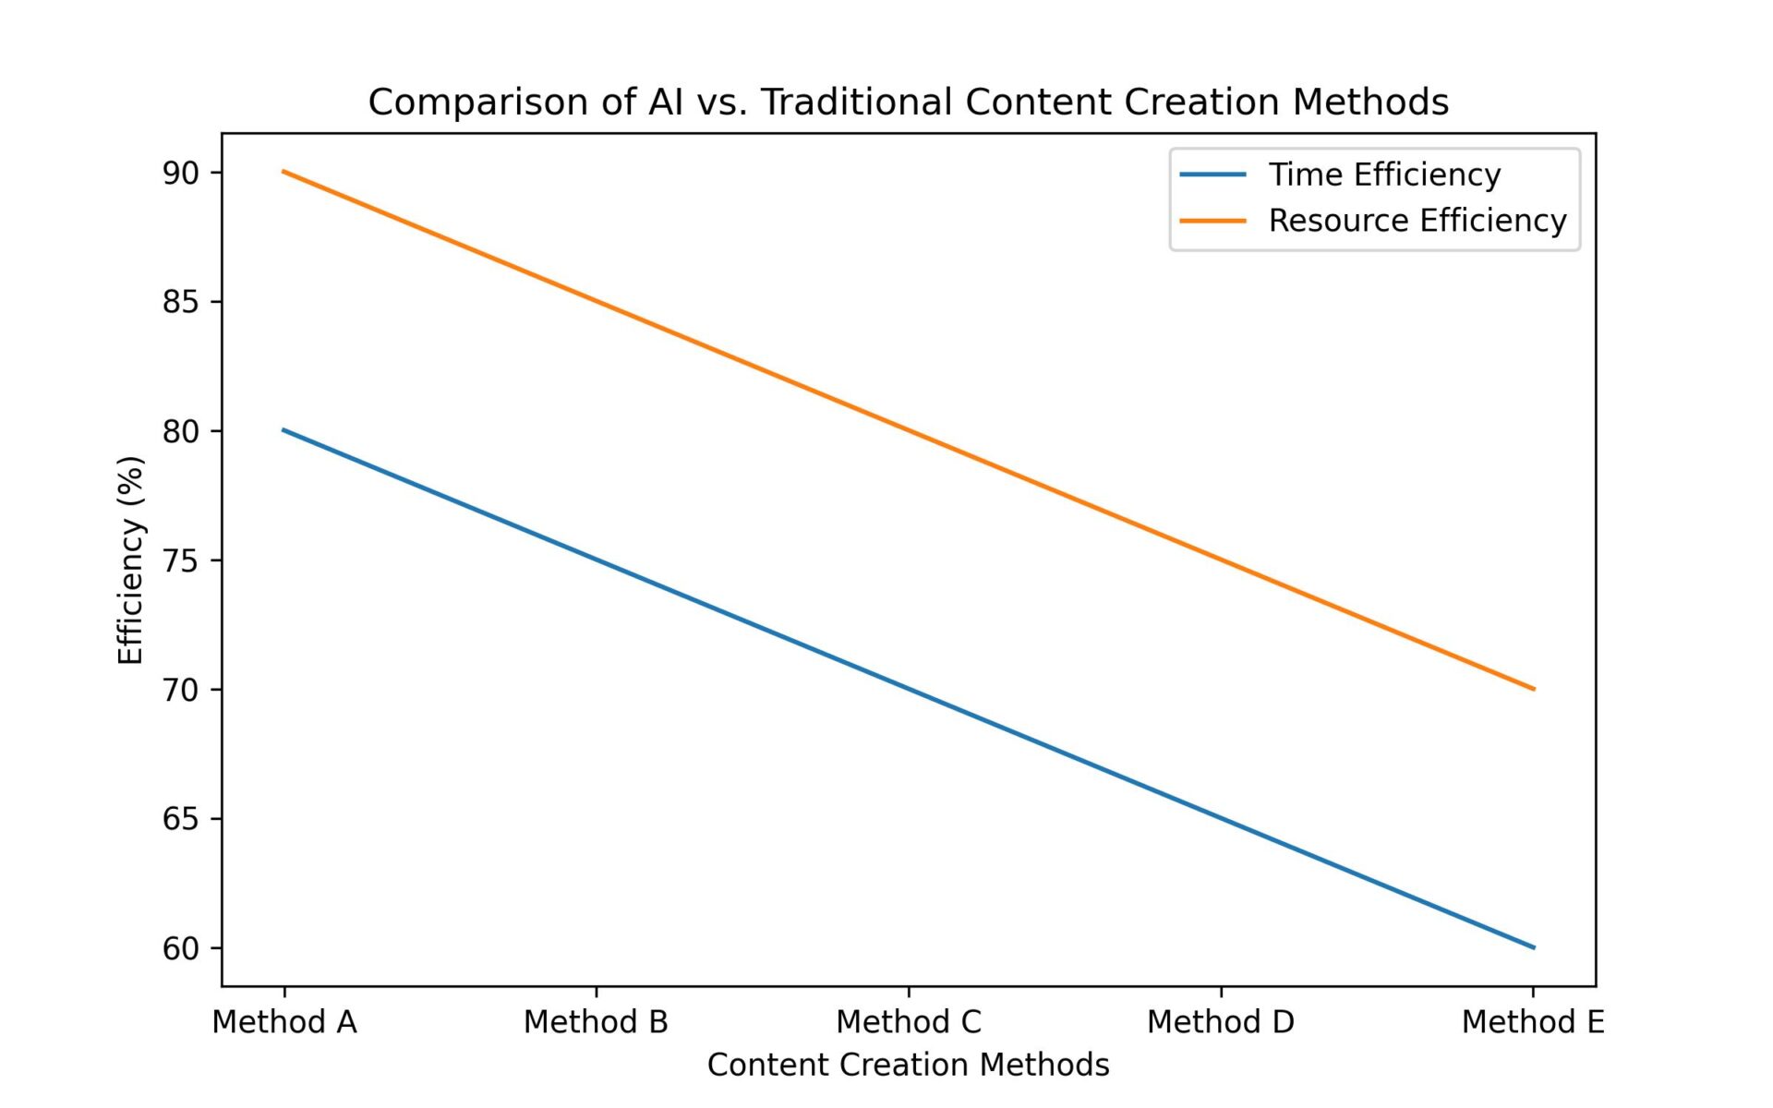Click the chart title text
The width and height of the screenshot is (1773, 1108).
(x=908, y=102)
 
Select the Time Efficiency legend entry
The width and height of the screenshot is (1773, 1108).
(x=1383, y=175)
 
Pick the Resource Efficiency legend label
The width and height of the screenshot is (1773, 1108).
(x=1417, y=221)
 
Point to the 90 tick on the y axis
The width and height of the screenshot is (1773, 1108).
(x=181, y=173)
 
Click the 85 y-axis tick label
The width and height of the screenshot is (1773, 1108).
(x=181, y=302)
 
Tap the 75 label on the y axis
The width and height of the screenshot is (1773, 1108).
(x=181, y=560)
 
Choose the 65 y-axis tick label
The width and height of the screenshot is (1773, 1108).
(x=181, y=819)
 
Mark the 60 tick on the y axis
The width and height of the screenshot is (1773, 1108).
(x=181, y=948)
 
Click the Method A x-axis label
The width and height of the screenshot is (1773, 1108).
(x=284, y=1022)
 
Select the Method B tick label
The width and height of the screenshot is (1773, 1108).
(x=596, y=1022)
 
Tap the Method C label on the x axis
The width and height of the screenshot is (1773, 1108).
(x=909, y=1022)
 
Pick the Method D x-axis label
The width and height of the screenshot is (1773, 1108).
(x=1221, y=1022)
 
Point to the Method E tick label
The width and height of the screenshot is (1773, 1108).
(x=1533, y=1022)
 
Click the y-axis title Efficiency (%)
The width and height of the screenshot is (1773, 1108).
(x=131, y=560)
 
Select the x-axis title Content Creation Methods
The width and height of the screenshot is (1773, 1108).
(x=908, y=1065)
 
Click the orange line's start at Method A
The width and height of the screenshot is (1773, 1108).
(x=284, y=172)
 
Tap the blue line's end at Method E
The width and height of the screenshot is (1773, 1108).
(x=1533, y=947)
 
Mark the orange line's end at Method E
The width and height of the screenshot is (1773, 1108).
(x=1533, y=689)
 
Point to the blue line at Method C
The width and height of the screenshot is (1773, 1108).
(x=909, y=689)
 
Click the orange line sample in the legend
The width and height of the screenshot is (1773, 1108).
(x=1212, y=221)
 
